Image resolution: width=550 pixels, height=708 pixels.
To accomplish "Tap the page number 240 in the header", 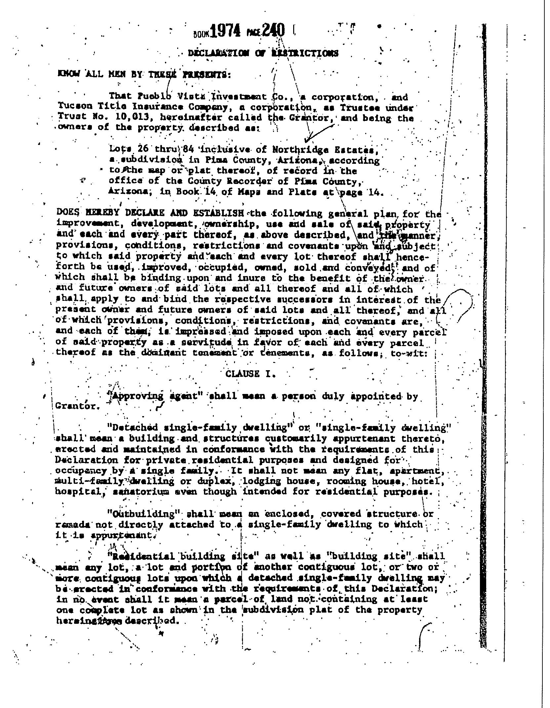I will pos(274,31).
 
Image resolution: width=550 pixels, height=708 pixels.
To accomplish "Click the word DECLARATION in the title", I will pos(218,53).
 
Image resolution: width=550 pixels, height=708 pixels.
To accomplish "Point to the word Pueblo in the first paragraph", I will pos(154,96).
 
